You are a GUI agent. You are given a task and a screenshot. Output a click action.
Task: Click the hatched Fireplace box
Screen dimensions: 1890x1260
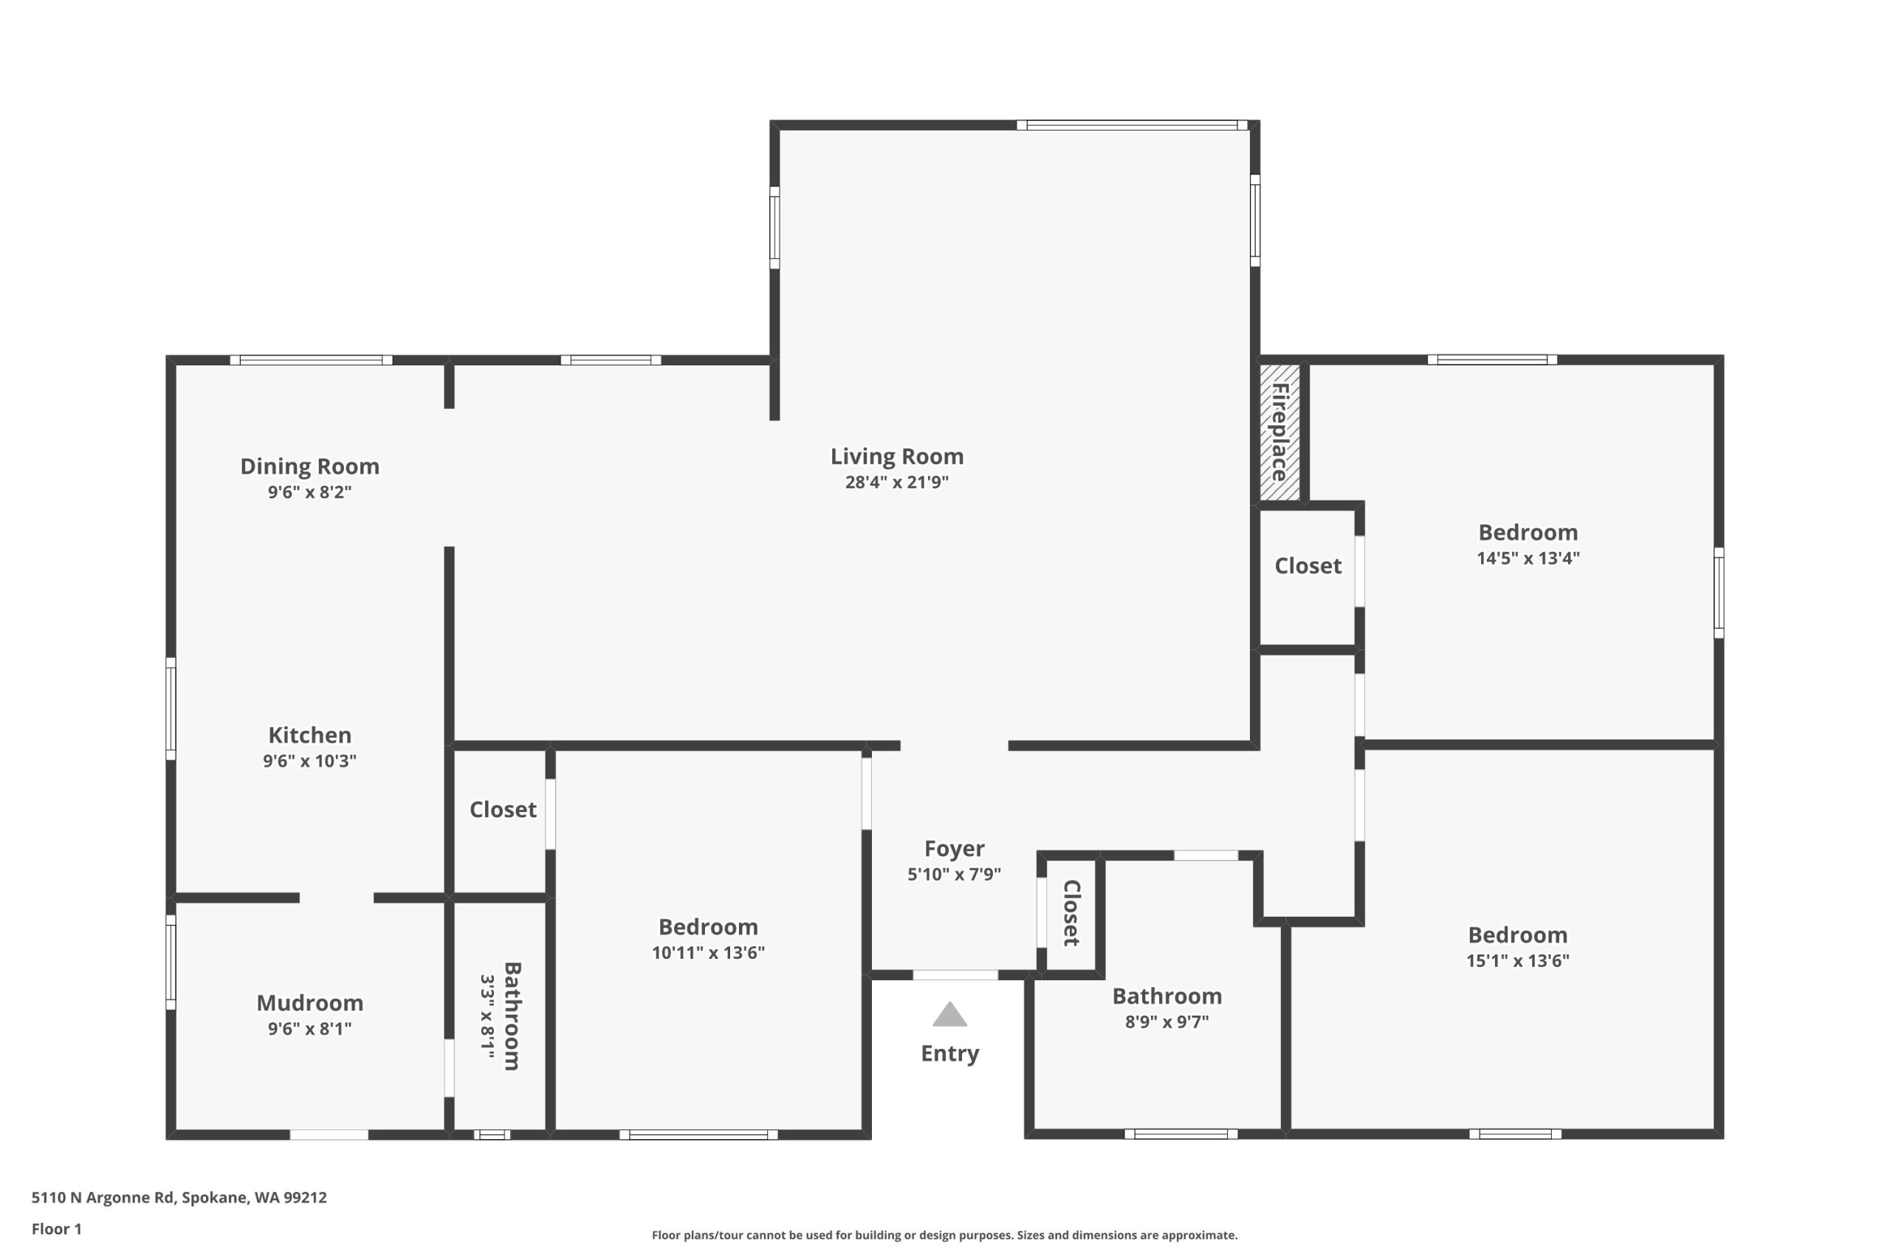pos(1279,433)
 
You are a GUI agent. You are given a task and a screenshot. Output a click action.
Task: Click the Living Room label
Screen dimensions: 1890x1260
pos(897,456)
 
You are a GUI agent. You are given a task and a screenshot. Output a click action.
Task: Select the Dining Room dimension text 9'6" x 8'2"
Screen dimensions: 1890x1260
pos(309,492)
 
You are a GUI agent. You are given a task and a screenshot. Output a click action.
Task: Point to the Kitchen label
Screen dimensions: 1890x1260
pos(309,735)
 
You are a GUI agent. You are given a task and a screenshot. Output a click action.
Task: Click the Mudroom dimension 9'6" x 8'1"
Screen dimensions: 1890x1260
pos(309,1028)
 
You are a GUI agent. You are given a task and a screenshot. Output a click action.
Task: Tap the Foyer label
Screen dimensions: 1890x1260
pos(954,849)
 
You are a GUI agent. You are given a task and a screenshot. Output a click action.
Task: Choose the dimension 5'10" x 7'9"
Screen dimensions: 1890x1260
pos(954,874)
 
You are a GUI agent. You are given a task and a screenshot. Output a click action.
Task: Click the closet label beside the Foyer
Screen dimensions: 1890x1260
pos(1072,913)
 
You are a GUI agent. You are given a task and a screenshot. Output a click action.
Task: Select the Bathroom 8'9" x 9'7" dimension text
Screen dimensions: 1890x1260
pos(1166,1022)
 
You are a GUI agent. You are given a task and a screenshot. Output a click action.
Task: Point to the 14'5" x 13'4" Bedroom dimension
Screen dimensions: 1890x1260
pos(1528,558)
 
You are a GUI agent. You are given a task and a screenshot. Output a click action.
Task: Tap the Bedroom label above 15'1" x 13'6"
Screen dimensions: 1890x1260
pos(1517,935)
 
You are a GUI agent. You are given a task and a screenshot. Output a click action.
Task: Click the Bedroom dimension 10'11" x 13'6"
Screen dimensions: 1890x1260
pos(708,953)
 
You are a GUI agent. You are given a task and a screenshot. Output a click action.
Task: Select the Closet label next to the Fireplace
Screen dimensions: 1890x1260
pos(1307,566)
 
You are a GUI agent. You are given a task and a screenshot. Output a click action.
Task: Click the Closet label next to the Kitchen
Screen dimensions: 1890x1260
pos(503,810)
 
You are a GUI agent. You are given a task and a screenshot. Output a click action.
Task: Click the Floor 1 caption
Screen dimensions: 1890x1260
pos(56,1229)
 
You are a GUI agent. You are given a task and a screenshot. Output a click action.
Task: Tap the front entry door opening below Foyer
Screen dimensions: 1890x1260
pos(955,975)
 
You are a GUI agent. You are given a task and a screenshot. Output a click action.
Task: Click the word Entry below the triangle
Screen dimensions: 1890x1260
pos(950,1053)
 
